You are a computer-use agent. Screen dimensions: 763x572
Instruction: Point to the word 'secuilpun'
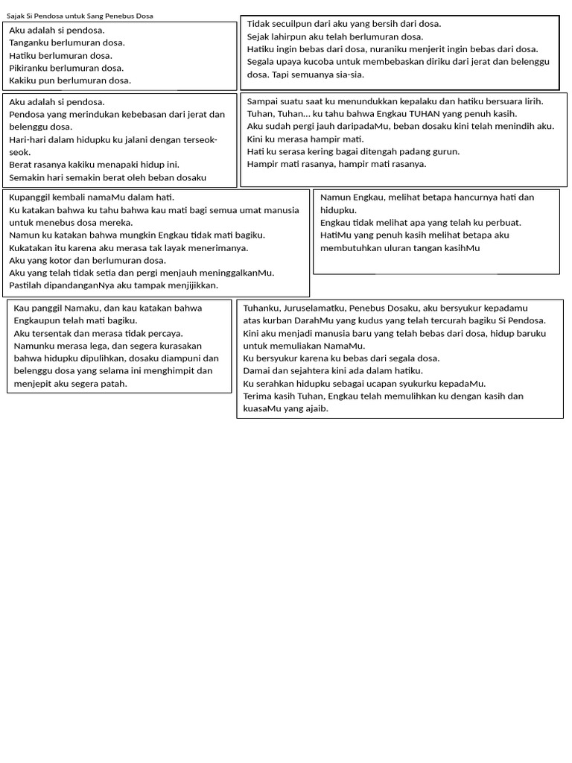[294, 24]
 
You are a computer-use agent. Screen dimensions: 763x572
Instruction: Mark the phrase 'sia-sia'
[348, 75]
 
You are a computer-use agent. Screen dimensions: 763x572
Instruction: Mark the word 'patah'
[114, 384]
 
